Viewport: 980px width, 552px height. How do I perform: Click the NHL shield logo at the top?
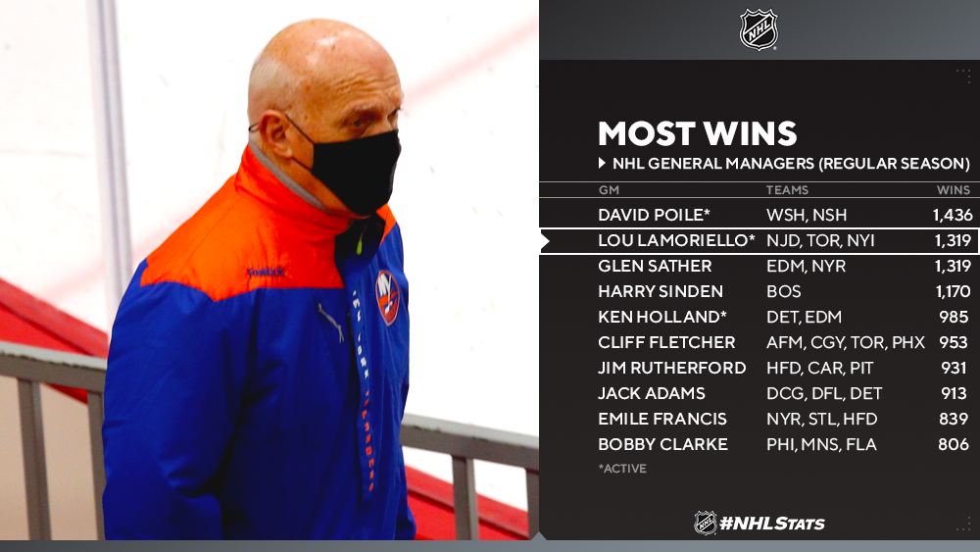pos(759,29)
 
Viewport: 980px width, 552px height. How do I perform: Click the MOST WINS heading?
pos(697,133)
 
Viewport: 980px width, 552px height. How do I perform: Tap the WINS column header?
pos(954,190)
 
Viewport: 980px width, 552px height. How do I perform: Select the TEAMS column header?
pos(787,190)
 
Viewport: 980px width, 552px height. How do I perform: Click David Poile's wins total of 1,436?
pos(953,215)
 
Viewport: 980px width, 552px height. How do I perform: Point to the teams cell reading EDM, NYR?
pos(806,267)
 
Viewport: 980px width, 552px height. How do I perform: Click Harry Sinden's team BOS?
pos(784,291)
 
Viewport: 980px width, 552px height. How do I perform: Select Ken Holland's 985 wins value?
pos(954,317)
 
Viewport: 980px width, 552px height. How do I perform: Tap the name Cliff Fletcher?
pos(666,342)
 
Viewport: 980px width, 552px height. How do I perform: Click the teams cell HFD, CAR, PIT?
pos(819,369)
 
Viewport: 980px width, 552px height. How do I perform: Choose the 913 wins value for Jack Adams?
pos(955,393)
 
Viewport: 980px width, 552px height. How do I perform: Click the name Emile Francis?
pos(661,419)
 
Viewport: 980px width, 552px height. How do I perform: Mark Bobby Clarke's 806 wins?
pos(954,444)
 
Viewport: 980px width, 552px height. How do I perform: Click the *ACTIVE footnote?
pos(622,469)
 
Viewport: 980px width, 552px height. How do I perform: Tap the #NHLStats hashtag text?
pos(772,524)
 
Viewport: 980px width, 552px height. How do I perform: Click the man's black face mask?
pos(355,170)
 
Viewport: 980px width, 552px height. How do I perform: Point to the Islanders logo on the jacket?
pos(387,297)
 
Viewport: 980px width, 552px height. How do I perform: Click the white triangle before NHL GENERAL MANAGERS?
pos(602,163)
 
